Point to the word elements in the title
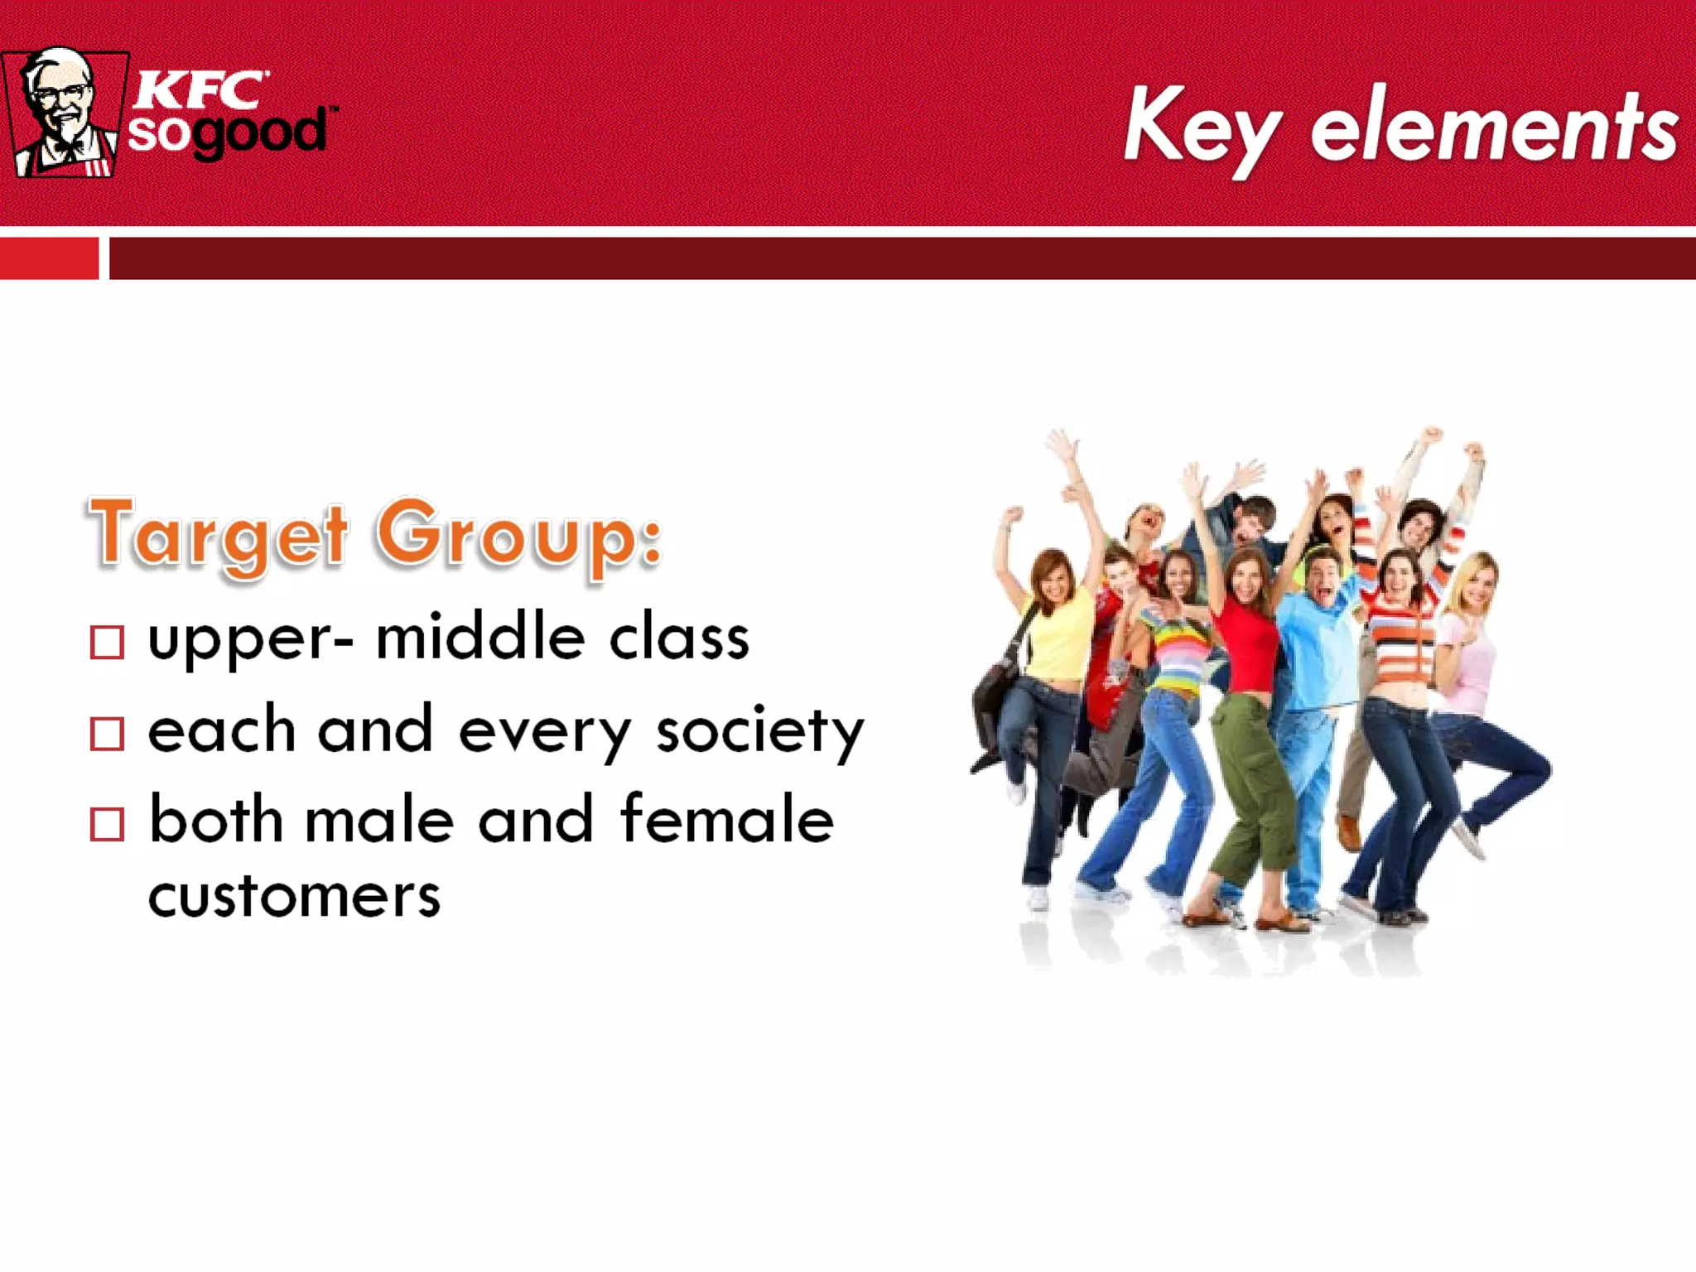(1494, 128)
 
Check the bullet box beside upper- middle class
(107, 642)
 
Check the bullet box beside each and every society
(107, 733)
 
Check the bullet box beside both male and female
(107, 824)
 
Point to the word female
(727, 820)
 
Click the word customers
(294, 897)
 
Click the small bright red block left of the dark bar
(49, 258)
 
